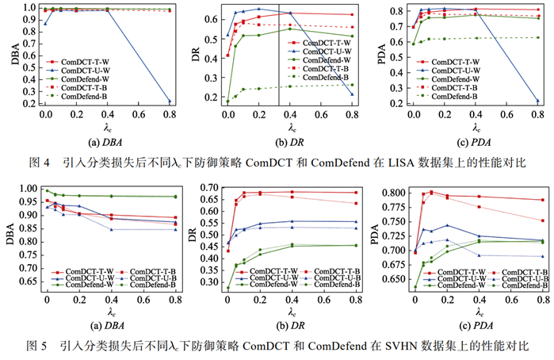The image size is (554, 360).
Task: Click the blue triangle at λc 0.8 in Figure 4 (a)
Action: (170, 101)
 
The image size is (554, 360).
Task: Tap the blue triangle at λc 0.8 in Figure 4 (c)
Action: (537, 101)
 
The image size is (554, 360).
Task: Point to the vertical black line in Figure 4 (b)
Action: (279, 56)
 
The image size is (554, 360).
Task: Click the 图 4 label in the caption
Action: (39, 163)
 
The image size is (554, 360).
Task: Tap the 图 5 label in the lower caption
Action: (36, 346)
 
